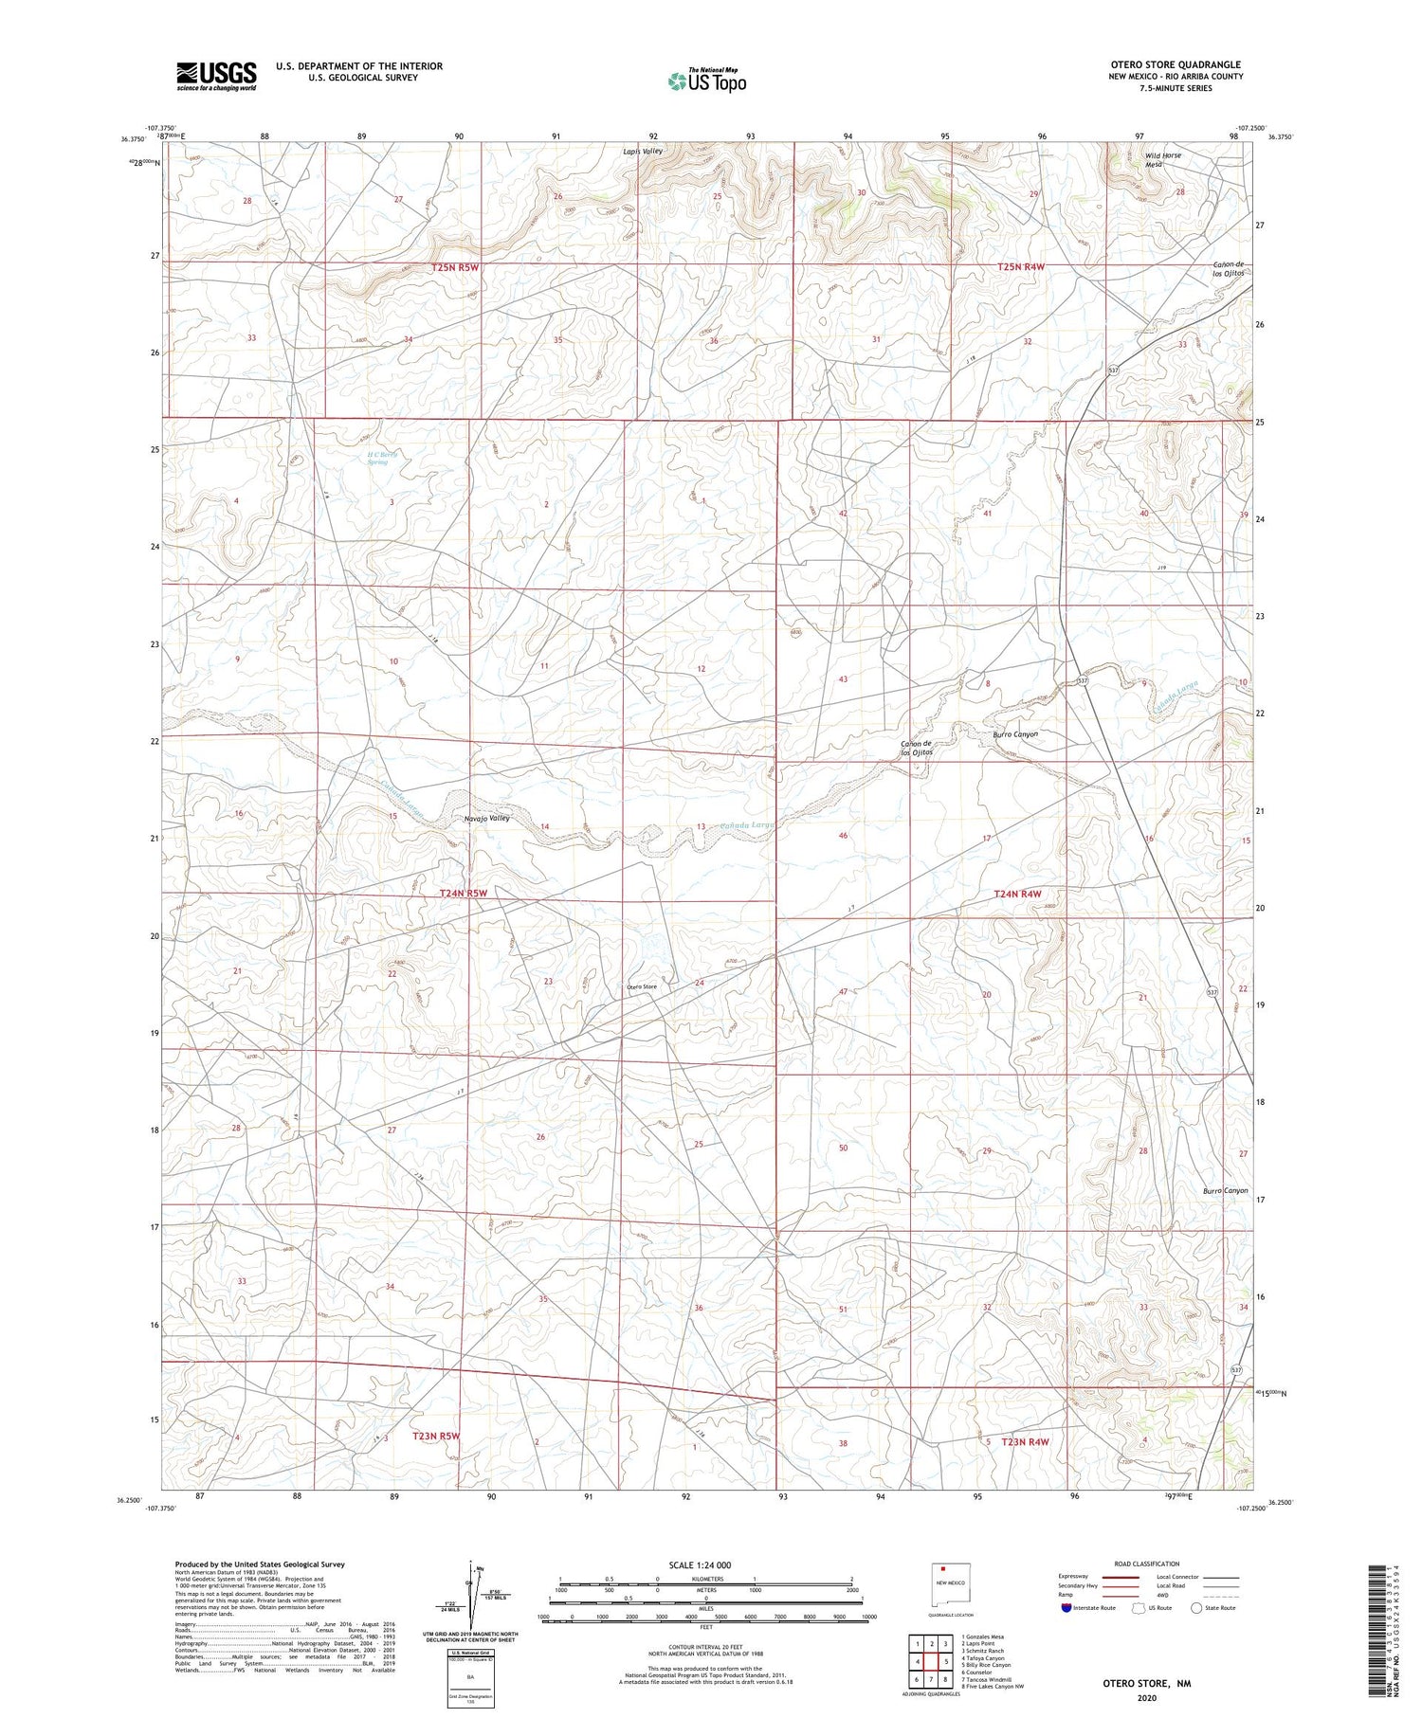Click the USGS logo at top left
click(216, 76)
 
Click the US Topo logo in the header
click(706, 81)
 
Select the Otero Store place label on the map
click(641, 986)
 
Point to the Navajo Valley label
click(487, 818)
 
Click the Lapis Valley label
click(643, 151)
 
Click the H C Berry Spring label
click(377, 458)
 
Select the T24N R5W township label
click(463, 893)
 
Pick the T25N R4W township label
click(1020, 267)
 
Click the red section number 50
click(843, 1148)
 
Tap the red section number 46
click(842, 835)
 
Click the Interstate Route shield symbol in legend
click(1066, 1608)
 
